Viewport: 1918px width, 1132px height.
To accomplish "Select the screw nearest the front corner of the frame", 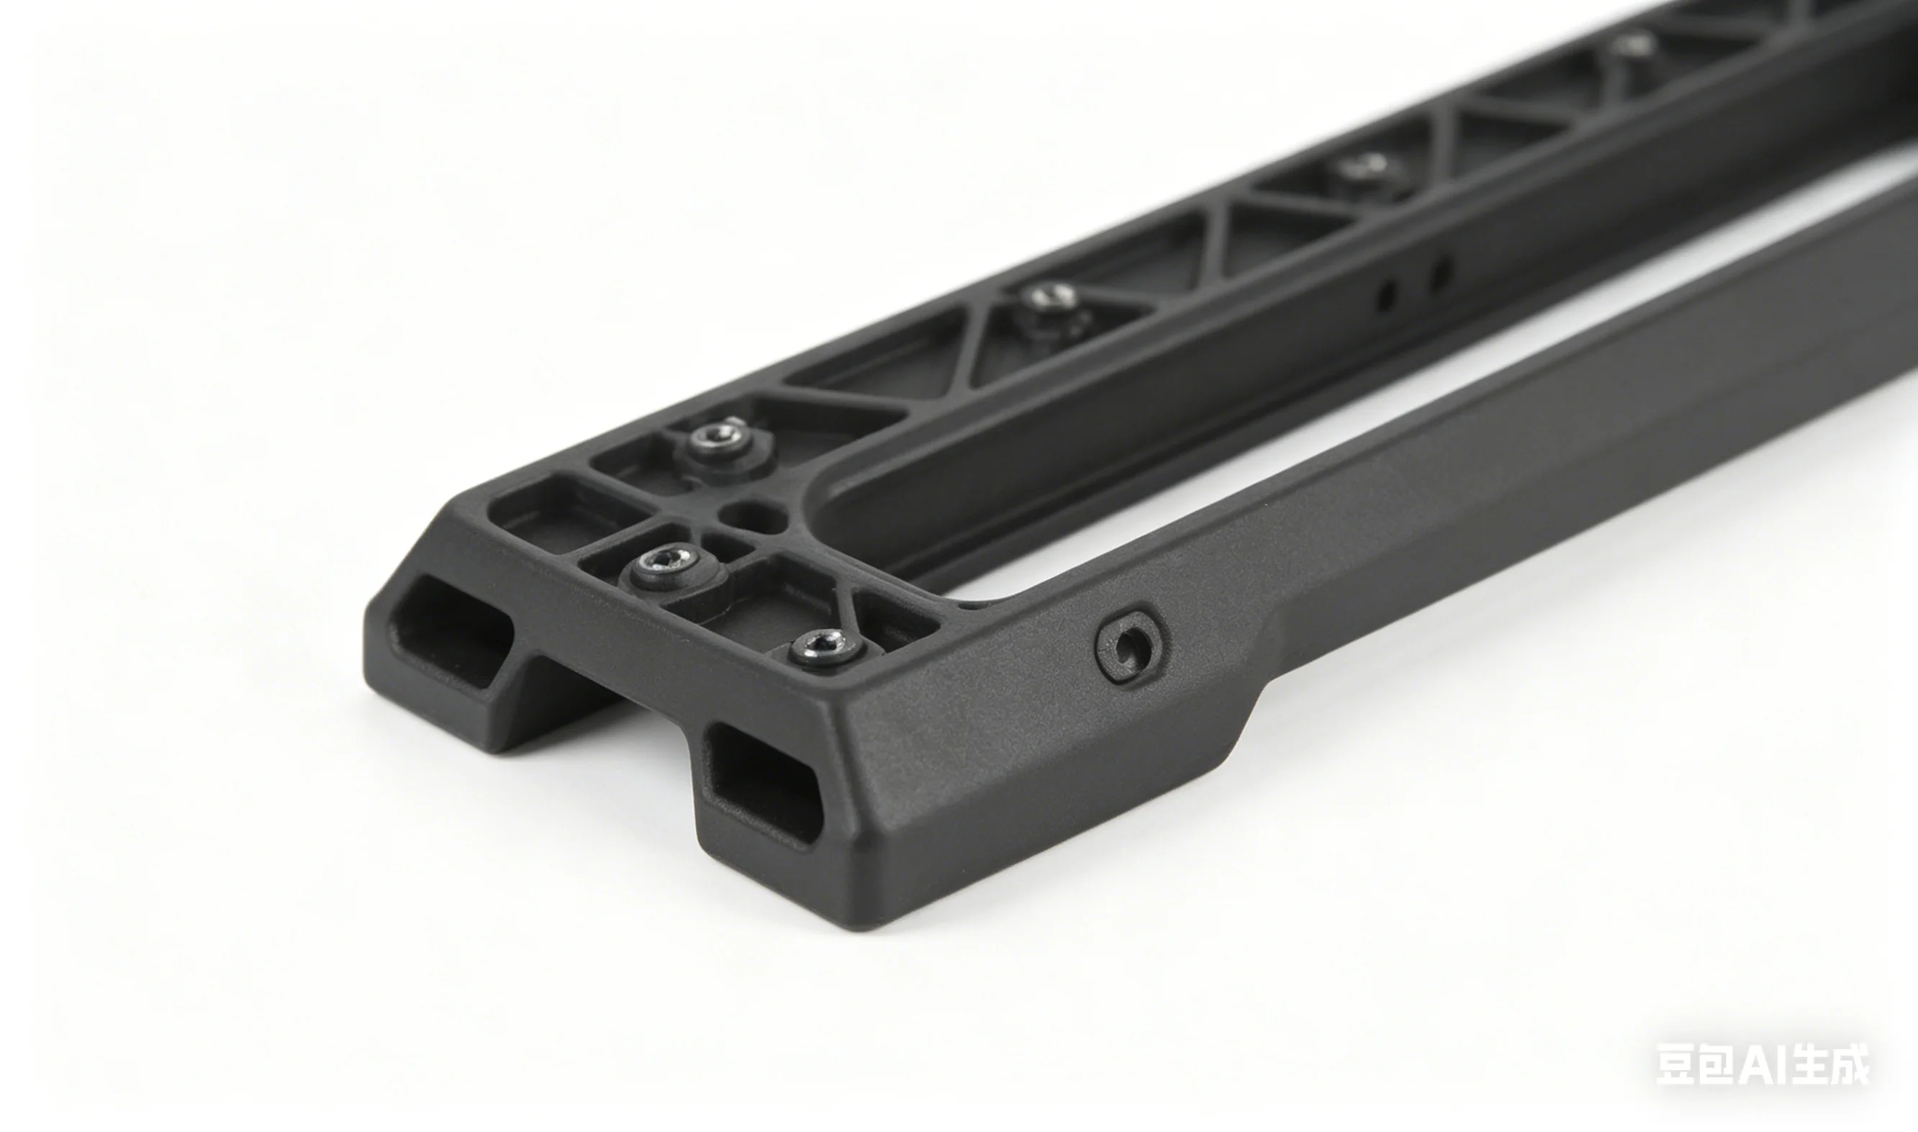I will click(x=826, y=648).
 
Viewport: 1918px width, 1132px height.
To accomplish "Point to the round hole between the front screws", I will click(x=756, y=516).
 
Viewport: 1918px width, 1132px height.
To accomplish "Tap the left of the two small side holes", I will click(x=1387, y=294).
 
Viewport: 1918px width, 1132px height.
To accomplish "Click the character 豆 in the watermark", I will click(x=1677, y=1064).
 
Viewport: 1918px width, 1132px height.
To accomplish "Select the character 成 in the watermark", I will click(x=1846, y=1064).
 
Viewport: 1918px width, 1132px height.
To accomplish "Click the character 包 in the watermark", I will click(x=1719, y=1064).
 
